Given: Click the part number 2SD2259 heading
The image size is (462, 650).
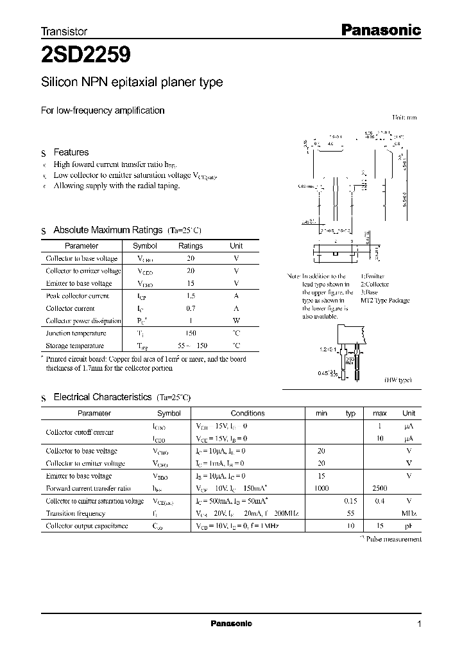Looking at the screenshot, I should click(x=86, y=55).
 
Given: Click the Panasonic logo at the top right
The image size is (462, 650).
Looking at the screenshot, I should click(x=380, y=30).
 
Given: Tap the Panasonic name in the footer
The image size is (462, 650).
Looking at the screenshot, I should click(x=231, y=624).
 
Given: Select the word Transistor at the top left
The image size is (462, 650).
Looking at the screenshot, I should click(x=64, y=31).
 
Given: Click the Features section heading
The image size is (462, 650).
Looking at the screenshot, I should click(x=71, y=152).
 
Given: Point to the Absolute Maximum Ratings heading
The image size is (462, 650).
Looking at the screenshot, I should click(x=108, y=230).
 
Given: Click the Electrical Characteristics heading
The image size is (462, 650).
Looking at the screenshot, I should click(x=103, y=398).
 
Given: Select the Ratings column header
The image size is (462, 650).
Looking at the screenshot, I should click(x=191, y=246).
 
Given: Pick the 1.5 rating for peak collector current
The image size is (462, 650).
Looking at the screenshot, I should click(x=191, y=296).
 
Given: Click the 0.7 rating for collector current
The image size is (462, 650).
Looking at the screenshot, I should click(x=191, y=308).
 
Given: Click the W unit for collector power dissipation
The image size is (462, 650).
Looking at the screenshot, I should click(x=236, y=321).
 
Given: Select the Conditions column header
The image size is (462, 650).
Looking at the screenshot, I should click(x=248, y=414).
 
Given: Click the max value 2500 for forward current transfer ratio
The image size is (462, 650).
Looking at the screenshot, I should click(x=379, y=489).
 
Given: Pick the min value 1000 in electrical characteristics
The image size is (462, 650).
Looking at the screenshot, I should click(x=321, y=489).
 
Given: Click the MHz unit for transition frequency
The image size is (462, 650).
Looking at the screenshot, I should click(x=409, y=514).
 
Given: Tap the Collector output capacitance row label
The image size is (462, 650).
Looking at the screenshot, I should click(x=87, y=526).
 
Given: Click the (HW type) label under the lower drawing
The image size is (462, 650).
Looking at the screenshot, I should click(x=398, y=380).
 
